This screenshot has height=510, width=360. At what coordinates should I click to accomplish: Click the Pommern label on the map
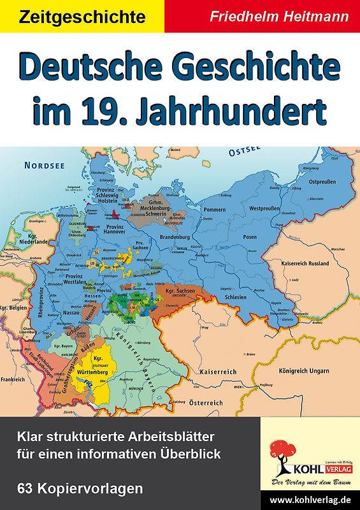(214, 209)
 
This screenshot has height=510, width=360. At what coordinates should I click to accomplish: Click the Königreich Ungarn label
(304, 370)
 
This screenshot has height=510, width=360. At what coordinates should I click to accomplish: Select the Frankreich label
(13, 379)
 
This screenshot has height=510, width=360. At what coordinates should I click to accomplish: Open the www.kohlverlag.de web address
(310, 500)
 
